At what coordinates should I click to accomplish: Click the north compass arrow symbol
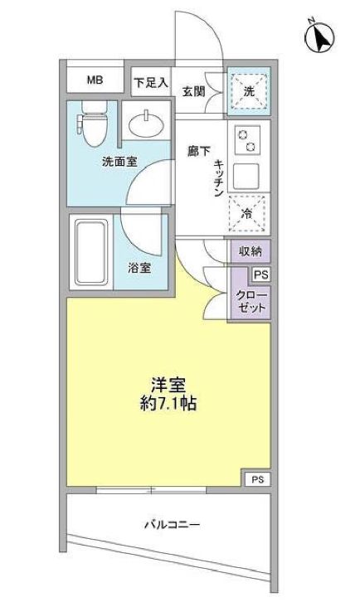click(319, 36)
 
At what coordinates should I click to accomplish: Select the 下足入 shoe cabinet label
click(150, 82)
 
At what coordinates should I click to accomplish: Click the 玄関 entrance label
click(193, 90)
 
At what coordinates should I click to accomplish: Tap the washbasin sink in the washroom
click(148, 124)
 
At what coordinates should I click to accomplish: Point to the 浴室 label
click(139, 268)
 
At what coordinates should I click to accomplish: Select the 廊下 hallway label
click(197, 151)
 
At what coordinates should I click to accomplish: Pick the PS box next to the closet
click(260, 275)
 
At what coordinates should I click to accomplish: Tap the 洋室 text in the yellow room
click(168, 386)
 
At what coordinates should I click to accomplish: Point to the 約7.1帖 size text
click(168, 405)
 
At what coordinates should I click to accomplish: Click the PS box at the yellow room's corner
click(257, 478)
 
